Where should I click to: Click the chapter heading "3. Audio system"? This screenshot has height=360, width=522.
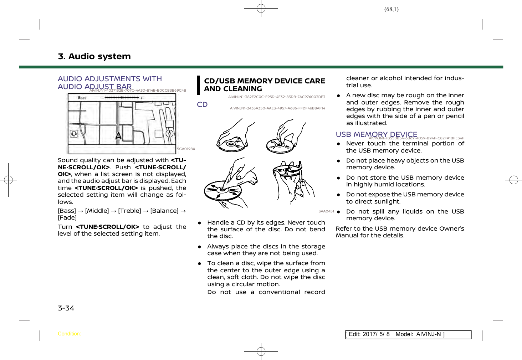(x=94, y=56)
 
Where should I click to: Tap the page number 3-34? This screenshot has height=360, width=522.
(x=66, y=308)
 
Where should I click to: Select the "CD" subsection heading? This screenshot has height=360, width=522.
(x=202, y=104)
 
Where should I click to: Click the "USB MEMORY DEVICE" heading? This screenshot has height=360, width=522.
(x=376, y=134)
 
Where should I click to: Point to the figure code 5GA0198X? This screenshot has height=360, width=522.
(x=186, y=149)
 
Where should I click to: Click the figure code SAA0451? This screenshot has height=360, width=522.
(x=326, y=211)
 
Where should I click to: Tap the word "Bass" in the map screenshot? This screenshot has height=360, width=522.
(x=82, y=98)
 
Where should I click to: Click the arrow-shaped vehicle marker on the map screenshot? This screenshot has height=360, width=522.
(x=118, y=135)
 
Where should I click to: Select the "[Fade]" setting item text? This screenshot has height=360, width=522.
(x=67, y=218)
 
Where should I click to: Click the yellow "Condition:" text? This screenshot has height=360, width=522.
(x=69, y=334)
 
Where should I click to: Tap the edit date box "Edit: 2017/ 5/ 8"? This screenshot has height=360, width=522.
(x=369, y=334)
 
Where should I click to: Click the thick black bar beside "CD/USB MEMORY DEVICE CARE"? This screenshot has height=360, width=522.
(x=199, y=85)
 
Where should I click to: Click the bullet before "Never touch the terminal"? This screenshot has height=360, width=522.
(x=338, y=144)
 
